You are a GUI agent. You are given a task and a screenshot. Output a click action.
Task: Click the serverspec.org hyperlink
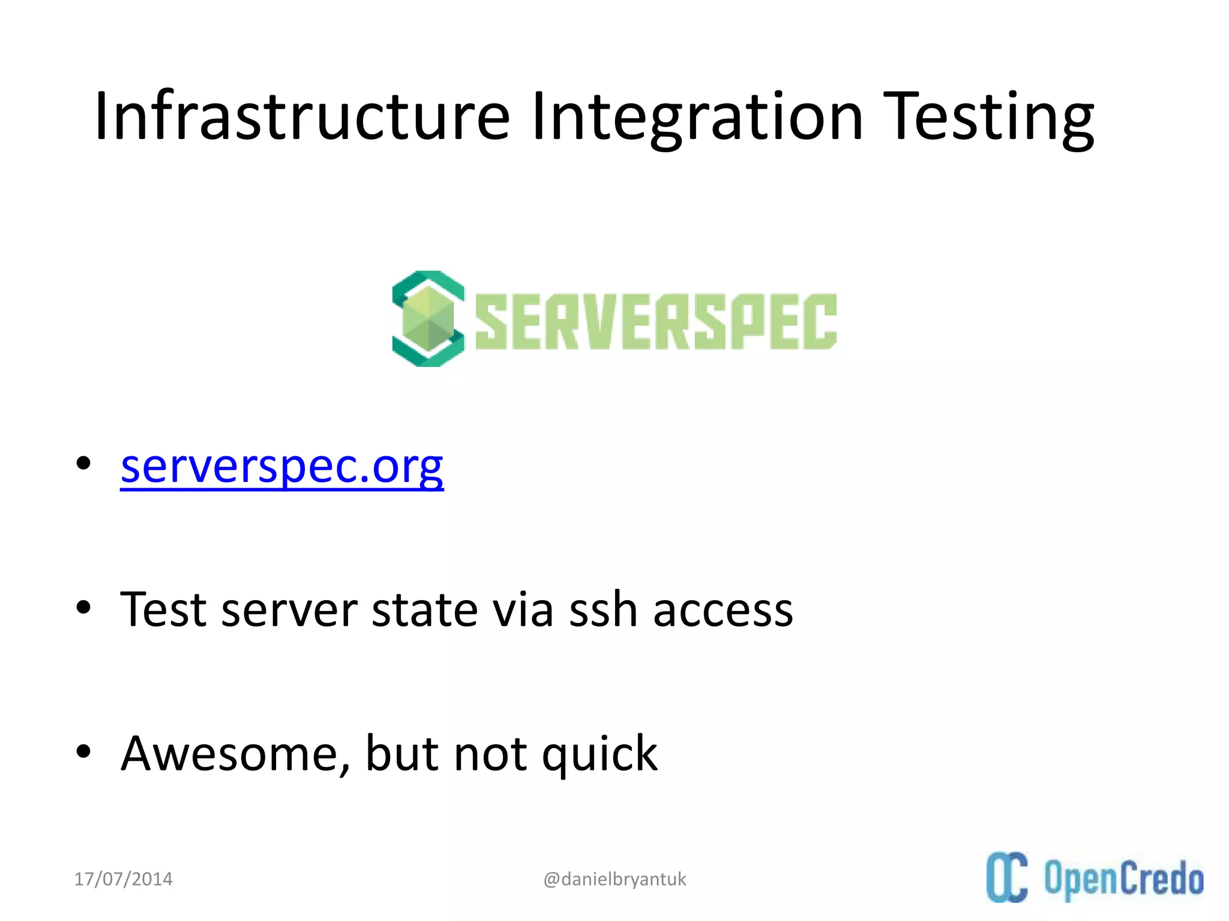click(x=281, y=466)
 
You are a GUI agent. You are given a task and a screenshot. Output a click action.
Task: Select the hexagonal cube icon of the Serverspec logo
click(x=428, y=319)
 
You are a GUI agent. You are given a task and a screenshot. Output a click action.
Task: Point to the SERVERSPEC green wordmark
click(x=656, y=321)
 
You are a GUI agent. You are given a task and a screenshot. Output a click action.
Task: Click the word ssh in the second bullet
click(x=602, y=610)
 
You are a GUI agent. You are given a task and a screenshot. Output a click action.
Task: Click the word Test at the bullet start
click(x=163, y=610)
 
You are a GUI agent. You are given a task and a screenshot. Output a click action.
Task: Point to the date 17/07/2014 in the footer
click(x=123, y=879)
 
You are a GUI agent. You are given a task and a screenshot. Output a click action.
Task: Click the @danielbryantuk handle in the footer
click(x=614, y=879)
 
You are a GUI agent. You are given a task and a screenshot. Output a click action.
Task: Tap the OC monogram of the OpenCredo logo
click(x=1006, y=877)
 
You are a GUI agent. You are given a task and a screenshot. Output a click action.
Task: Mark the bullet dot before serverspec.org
click(x=83, y=463)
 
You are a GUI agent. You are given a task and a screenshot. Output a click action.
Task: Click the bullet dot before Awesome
click(x=83, y=751)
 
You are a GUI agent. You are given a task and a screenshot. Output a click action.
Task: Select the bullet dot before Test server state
click(x=83, y=607)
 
